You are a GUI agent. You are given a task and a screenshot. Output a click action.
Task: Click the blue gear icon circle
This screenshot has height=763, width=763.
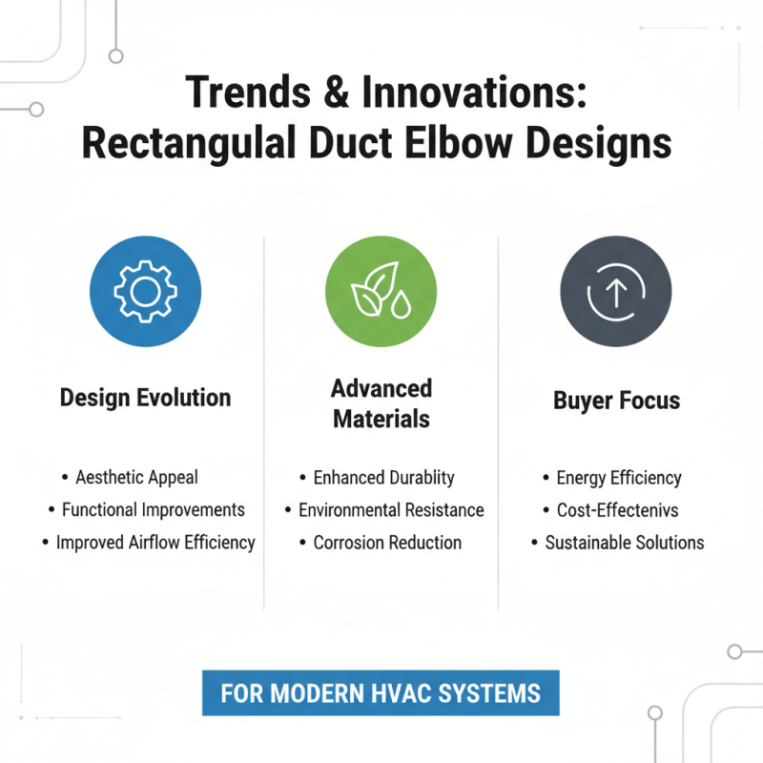point(145,290)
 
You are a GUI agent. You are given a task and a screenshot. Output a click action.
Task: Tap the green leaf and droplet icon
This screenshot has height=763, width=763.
point(381,290)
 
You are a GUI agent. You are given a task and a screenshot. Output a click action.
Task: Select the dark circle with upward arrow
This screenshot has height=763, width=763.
point(615,290)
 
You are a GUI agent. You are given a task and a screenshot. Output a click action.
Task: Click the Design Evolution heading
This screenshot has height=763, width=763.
point(145,398)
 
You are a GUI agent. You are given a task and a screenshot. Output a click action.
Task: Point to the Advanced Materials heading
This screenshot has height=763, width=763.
point(381,403)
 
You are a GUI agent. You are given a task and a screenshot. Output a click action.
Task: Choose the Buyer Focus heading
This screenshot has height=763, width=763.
point(616,400)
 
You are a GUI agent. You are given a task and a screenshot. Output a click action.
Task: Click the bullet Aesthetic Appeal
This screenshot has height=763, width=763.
point(136,478)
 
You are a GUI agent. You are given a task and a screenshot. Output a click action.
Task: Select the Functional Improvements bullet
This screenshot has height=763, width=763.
point(153,510)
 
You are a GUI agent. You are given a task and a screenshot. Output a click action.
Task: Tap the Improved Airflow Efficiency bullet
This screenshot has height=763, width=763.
point(155,543)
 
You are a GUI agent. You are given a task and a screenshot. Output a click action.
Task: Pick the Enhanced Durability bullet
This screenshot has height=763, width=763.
point(384,478)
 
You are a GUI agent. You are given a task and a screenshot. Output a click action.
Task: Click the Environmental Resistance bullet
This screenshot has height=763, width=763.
point(391,510)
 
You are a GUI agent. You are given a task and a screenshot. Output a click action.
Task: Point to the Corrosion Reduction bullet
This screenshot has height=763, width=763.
point(387,543)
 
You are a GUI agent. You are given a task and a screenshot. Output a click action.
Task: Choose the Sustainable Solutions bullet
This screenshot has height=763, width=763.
point(624,543)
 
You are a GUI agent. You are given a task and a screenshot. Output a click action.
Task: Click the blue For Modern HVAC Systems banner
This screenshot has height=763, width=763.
point(381,692)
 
